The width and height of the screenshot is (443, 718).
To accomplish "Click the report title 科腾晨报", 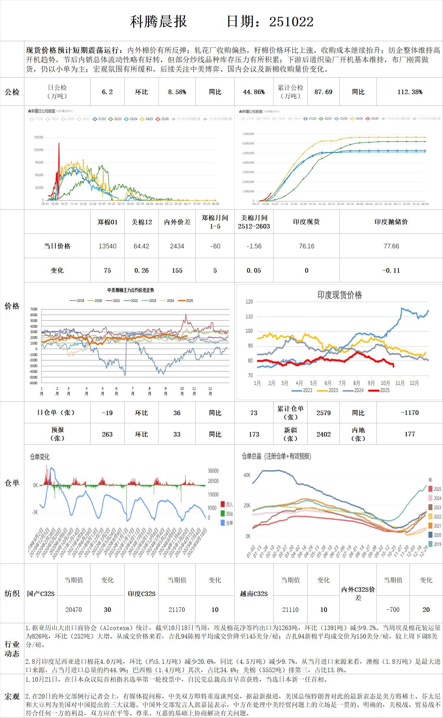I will pos(158,22).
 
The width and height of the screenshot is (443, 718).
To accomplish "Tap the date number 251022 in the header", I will pos(291,22).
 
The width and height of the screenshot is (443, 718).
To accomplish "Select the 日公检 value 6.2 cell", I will pos(107,92).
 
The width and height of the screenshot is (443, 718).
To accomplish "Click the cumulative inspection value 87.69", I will pos(323,92).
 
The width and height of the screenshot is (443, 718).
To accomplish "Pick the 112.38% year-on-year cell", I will pos(410,92).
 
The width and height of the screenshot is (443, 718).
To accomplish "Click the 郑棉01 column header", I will pos(107,222).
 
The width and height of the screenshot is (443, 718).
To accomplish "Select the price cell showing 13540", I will pos(107,246).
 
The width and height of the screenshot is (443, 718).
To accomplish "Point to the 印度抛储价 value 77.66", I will pos(391,246).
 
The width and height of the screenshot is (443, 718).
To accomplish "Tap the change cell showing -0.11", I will pos(391,270).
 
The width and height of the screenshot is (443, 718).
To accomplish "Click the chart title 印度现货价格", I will pos(339,295).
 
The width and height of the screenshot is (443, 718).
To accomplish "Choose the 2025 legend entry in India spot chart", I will pos(379,390).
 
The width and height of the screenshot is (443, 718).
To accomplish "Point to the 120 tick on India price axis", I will pos(249,302).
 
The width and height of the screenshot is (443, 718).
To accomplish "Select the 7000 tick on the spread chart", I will pos(34,309).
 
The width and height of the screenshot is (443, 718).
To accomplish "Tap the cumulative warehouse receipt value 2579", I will pos(323,413).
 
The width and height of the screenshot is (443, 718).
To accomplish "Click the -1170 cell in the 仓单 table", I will pos(410,413).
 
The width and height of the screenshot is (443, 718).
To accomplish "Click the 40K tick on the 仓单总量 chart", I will pos(247,475).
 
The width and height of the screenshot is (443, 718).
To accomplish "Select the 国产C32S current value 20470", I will pos(74,610).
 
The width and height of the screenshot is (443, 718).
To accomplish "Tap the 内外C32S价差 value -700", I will pos(393,610).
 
